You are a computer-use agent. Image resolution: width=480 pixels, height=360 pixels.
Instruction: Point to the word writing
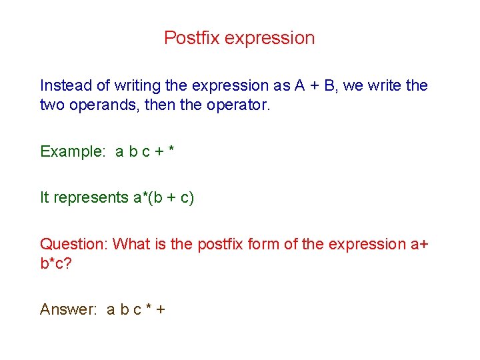pos(136,85)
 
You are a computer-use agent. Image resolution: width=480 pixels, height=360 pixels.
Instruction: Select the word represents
pos(91,197)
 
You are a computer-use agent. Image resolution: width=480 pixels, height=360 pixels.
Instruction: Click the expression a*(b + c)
pos(163,197)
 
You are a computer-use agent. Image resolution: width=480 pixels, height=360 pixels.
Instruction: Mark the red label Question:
pos(74,244)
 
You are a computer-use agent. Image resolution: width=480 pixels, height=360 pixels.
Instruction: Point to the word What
pos(132,244)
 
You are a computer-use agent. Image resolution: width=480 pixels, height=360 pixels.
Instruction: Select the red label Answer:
pos(69,309)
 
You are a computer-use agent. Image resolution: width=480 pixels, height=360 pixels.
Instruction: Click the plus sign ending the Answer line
pos(160,309)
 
